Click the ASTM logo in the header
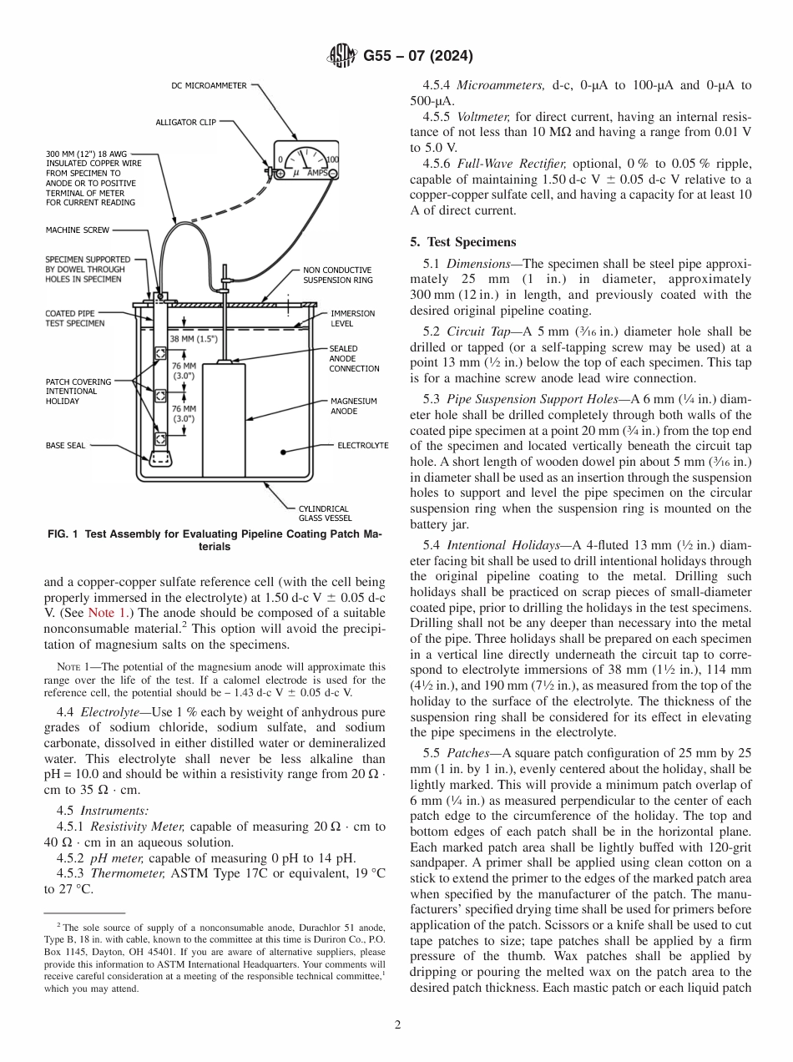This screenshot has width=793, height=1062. pyautogui.click(x=343, y=57)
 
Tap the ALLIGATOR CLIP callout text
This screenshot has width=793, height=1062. pyautogui.click(x=185, y=122)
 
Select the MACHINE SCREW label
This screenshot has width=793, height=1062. pyautogui.click(x=77, y=230)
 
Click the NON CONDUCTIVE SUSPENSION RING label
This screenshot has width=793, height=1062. pyautogui.click(x=337, y=276)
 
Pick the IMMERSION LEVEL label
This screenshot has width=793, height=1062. pyautogui.click(x=352, y=317)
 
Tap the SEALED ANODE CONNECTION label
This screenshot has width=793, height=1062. pyautogui.click(x=353, y=358)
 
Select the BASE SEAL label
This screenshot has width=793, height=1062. pyautogui.click(x=65, y=446)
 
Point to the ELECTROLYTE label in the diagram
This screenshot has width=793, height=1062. pyautogui.click(x=362, y=446)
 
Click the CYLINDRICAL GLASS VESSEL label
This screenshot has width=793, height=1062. pyautogui.click(x=326, y=513)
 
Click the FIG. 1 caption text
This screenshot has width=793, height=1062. pyautogui.click(x=212, y=541)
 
